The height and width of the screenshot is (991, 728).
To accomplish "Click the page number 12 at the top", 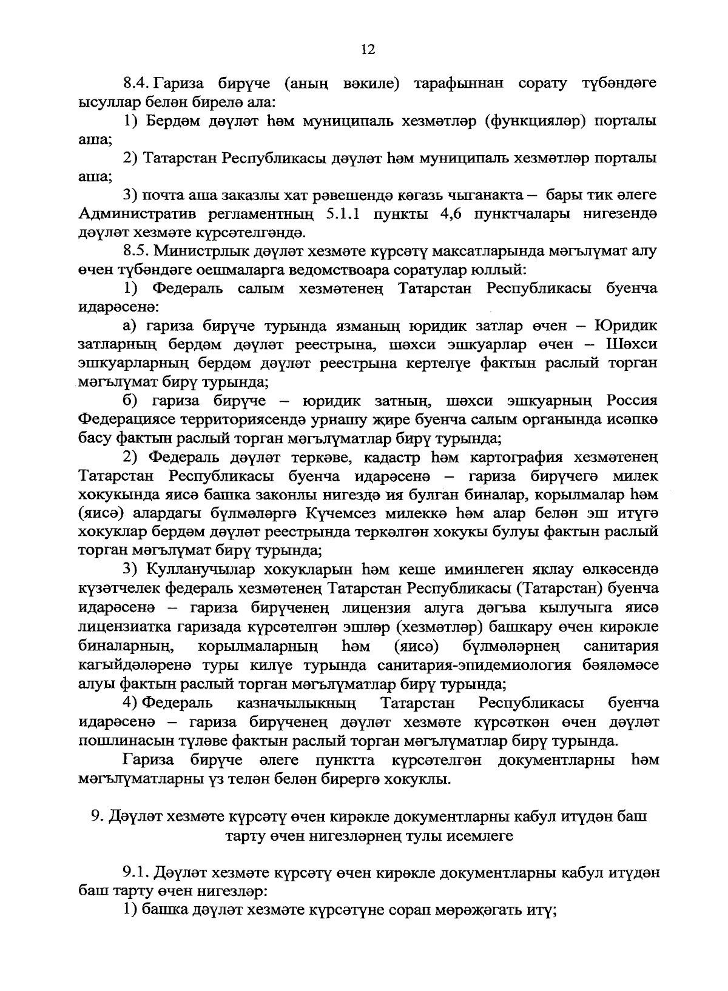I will [368, 50].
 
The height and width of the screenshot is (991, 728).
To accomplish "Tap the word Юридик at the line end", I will [625, 326].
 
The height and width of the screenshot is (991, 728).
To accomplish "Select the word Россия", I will [632, 401].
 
